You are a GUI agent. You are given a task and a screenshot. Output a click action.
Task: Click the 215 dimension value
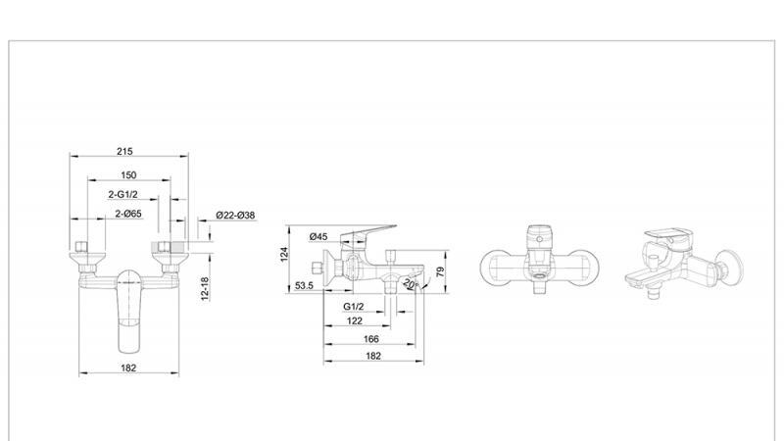coord(124,152)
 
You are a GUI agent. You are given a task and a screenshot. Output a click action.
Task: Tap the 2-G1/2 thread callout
coord(124,194)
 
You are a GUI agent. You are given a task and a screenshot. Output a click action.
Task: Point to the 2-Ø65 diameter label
coord(128,214)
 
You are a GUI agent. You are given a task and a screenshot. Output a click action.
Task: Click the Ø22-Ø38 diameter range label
coord(235,216)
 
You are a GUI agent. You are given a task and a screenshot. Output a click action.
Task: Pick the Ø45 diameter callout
coord(318,236)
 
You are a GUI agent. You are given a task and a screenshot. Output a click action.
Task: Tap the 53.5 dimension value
coord(303,287)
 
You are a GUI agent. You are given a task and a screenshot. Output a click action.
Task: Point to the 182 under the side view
coord(373,356)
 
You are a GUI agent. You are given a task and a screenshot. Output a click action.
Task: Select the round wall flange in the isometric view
coord(729,266)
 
